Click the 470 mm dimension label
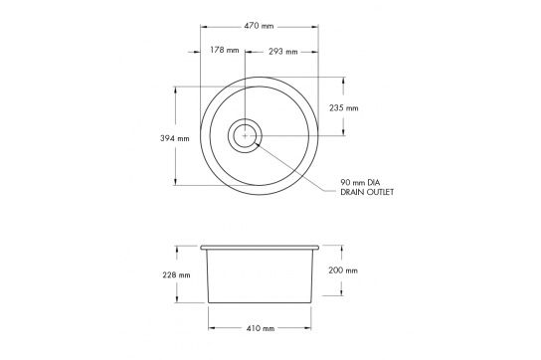[x=259, y=26]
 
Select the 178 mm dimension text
[x=225, y=50]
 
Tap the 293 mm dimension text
[x=283, y=52]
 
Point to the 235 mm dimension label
[x=344, y=108]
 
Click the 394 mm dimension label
[x=175, y=138]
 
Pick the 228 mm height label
[x=176, y=275]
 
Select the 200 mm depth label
[x=343, y=270]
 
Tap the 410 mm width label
[x=261, y=328]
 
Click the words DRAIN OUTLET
[x=367, y=192]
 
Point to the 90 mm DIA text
[x=360, y=182]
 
